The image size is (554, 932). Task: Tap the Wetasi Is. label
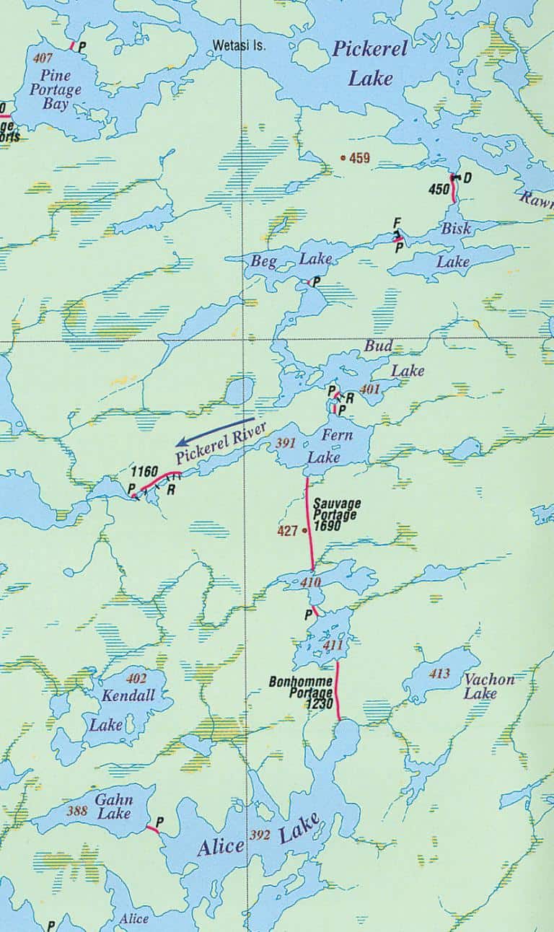(x=239, y=45)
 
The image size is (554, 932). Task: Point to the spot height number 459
(x=359, y=157)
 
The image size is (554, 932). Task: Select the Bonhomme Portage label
(x=301, y=689)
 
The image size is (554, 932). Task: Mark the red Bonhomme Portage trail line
(x=337, y=693)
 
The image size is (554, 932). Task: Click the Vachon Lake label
(x=490, y=686)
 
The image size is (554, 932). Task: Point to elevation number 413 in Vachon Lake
(x=439, y=674)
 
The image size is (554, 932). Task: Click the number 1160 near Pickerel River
(x=144, y=472)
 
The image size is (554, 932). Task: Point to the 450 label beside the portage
(x=439, y=190)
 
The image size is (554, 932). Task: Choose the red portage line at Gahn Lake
(x=152, y=830)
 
